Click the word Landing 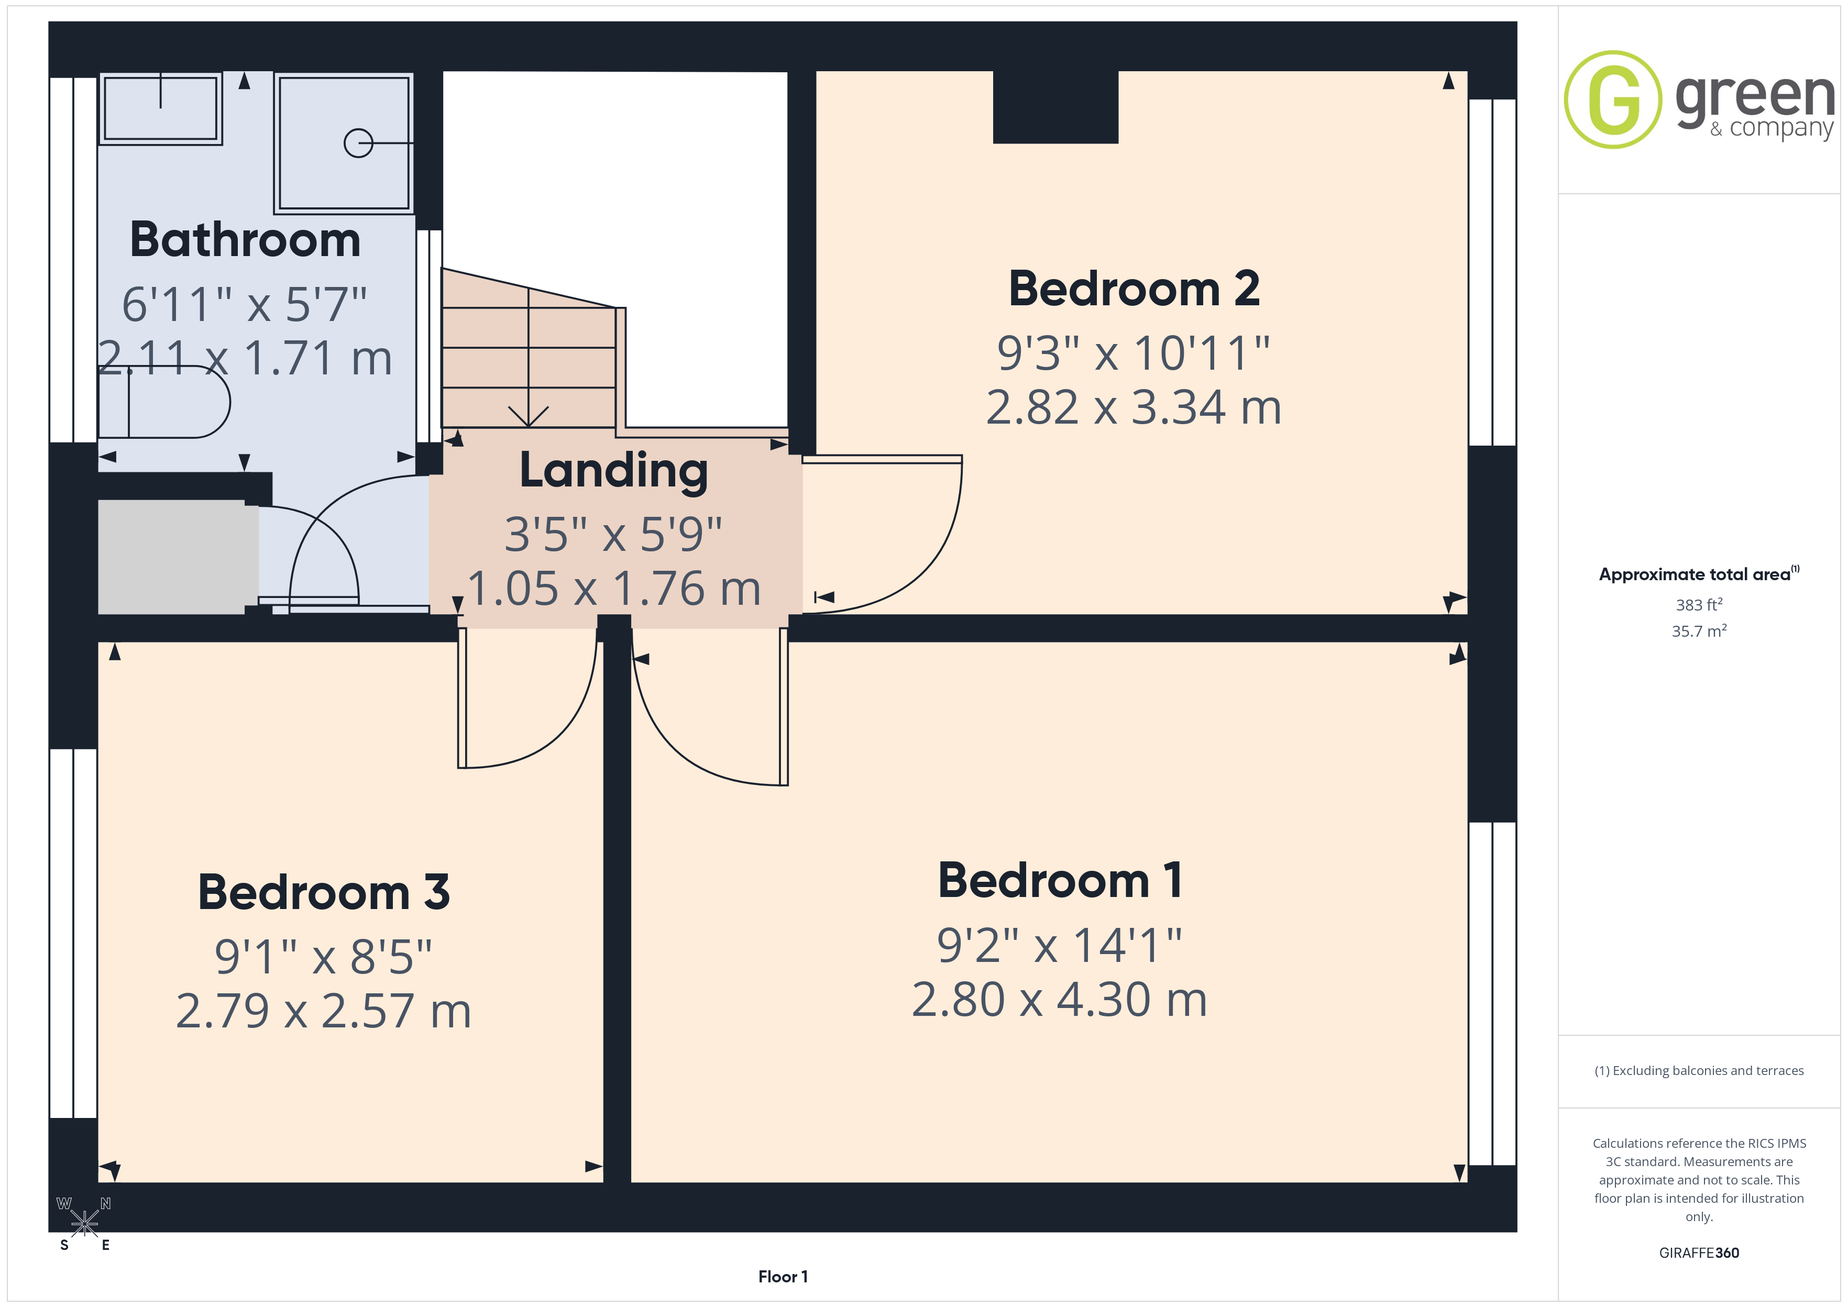click(x=613, y=471)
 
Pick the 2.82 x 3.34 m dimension click(x=1134, y=407)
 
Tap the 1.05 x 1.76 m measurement click(x=613, y=589)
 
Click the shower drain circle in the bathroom click(x=358, y=143)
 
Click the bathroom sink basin click(x=160, y=108)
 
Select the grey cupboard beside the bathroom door click(x=171, y=557)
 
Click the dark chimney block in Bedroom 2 click(x=1055, y=107)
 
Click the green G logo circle click(x=1613, y=100)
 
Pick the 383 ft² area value click(x=1699, y=604)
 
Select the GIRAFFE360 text click(x=1699, y=1252)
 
